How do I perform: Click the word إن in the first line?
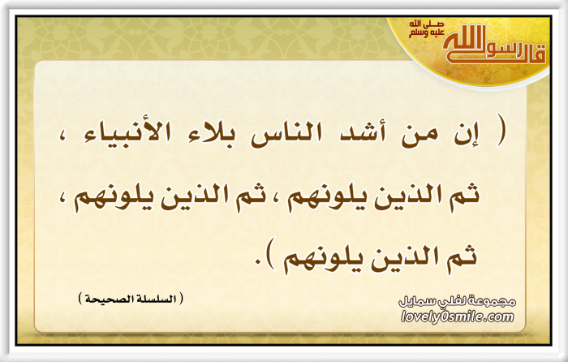tap(467, 134)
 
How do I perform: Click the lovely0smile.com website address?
tap(458, 317)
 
